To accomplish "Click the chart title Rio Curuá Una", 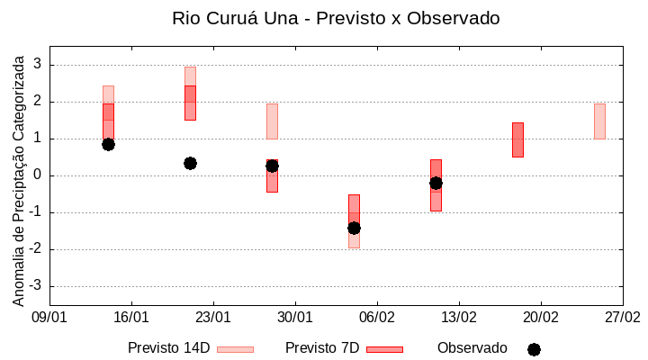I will click(x=336, y=18).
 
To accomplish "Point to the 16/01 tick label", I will click(x=131, y=317).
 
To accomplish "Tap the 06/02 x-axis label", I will click(x=377, y=317).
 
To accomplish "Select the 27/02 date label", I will click(x=622, y=317).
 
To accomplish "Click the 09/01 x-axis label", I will click(x=49, y=317).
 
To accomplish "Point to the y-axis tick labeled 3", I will click(x=38, y=65).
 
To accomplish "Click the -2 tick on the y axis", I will click(x=35, y=249).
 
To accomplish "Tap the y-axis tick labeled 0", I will click(x=38, y=175).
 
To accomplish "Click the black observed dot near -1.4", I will click(x=354, y=228).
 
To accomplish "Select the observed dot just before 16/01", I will click(x=108, y=144).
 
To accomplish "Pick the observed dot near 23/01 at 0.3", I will click(x=190, y=163).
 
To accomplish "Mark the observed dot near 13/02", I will click(x=436, y=183).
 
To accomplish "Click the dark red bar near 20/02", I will click(x=517, y=139).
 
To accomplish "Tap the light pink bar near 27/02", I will click(x=599, y=121).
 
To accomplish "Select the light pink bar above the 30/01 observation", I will click(x=272, y=121).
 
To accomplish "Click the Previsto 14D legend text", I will click(x=168, y=348).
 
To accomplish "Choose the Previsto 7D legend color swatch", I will click(x=384, y=349).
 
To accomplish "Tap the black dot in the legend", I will click(x=534, y=349).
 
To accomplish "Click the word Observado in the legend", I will click(x=472, y=348).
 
